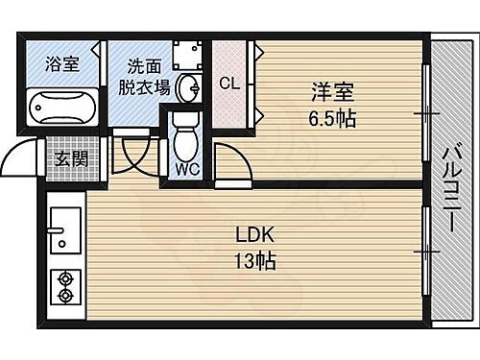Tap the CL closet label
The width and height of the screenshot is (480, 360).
coord(230,84)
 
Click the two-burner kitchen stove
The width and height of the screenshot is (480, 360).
coord(65,285)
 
